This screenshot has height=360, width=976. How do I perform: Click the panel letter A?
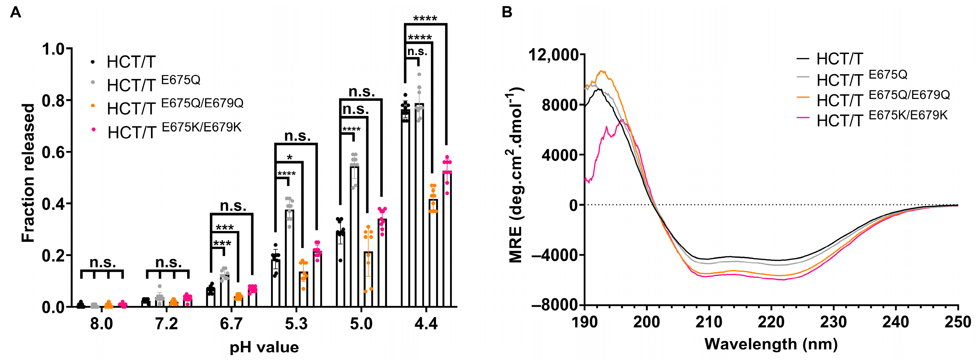click(x=15, y=12)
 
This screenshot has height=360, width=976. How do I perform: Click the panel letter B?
click(x=507, y=12)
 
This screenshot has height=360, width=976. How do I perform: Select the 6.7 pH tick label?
click(x=231, y=324)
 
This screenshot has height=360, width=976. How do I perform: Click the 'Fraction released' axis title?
click(x=28, y=173)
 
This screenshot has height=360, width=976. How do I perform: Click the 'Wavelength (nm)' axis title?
click(x=771, y=344)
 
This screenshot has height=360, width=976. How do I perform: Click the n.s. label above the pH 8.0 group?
click(x=103, y=262)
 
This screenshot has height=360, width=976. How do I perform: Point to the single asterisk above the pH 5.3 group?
click(x=289, y=157)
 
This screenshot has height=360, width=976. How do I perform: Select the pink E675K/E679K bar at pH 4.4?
click(x=447, y=239)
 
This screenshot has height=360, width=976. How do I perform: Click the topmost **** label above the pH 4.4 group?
click(x=425, y=18)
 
